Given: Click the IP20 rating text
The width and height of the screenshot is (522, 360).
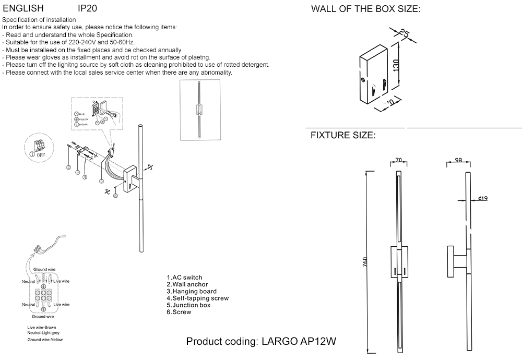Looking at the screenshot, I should pyautogui.click(x=87, y=9).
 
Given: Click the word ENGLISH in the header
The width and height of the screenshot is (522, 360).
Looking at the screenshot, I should pyautogui.click(x=23, y=9).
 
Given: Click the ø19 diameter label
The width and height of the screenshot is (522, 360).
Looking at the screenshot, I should pyautogui.click(x=482, y=198).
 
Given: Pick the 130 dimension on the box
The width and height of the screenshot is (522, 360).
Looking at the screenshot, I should pyautogui.click(x=396, y=65).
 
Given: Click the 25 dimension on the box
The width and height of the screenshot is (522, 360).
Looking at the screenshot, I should pyautogui.click(x=403, y=34).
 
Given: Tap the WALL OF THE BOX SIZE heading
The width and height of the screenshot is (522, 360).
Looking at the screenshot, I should pyautogui.click(x=365, y=9).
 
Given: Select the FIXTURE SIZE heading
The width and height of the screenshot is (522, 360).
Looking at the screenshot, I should pyautogui.click(x=343, y=136).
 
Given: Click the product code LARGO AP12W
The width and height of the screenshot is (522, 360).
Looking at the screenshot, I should pyautogui.click(x=261, y=342).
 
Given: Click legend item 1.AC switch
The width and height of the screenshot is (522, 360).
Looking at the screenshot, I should pyautogui.click(x=184, y=278).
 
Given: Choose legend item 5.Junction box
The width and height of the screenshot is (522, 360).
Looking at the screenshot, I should pyautogui.click(x=188, y=305).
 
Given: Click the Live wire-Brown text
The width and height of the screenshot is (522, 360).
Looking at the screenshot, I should pyautogui.click(x=42, y=327).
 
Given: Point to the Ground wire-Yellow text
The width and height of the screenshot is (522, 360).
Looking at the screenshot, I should pyautogui.click(x=44, y=340).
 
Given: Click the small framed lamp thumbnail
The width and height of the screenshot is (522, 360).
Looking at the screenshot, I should pyautogui.click(x=199, y=110).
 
